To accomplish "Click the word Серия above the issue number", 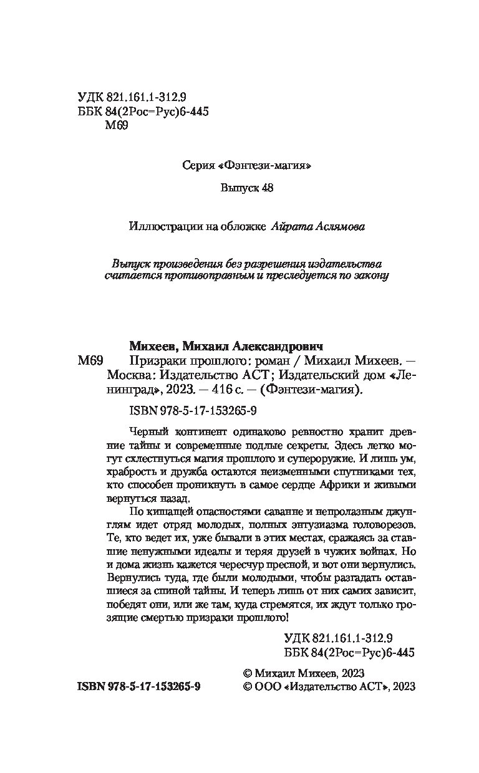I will (x=198, y=166).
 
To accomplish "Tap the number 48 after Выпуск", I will (x=266, y=188).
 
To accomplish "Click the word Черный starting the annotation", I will (x=143, y=431).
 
